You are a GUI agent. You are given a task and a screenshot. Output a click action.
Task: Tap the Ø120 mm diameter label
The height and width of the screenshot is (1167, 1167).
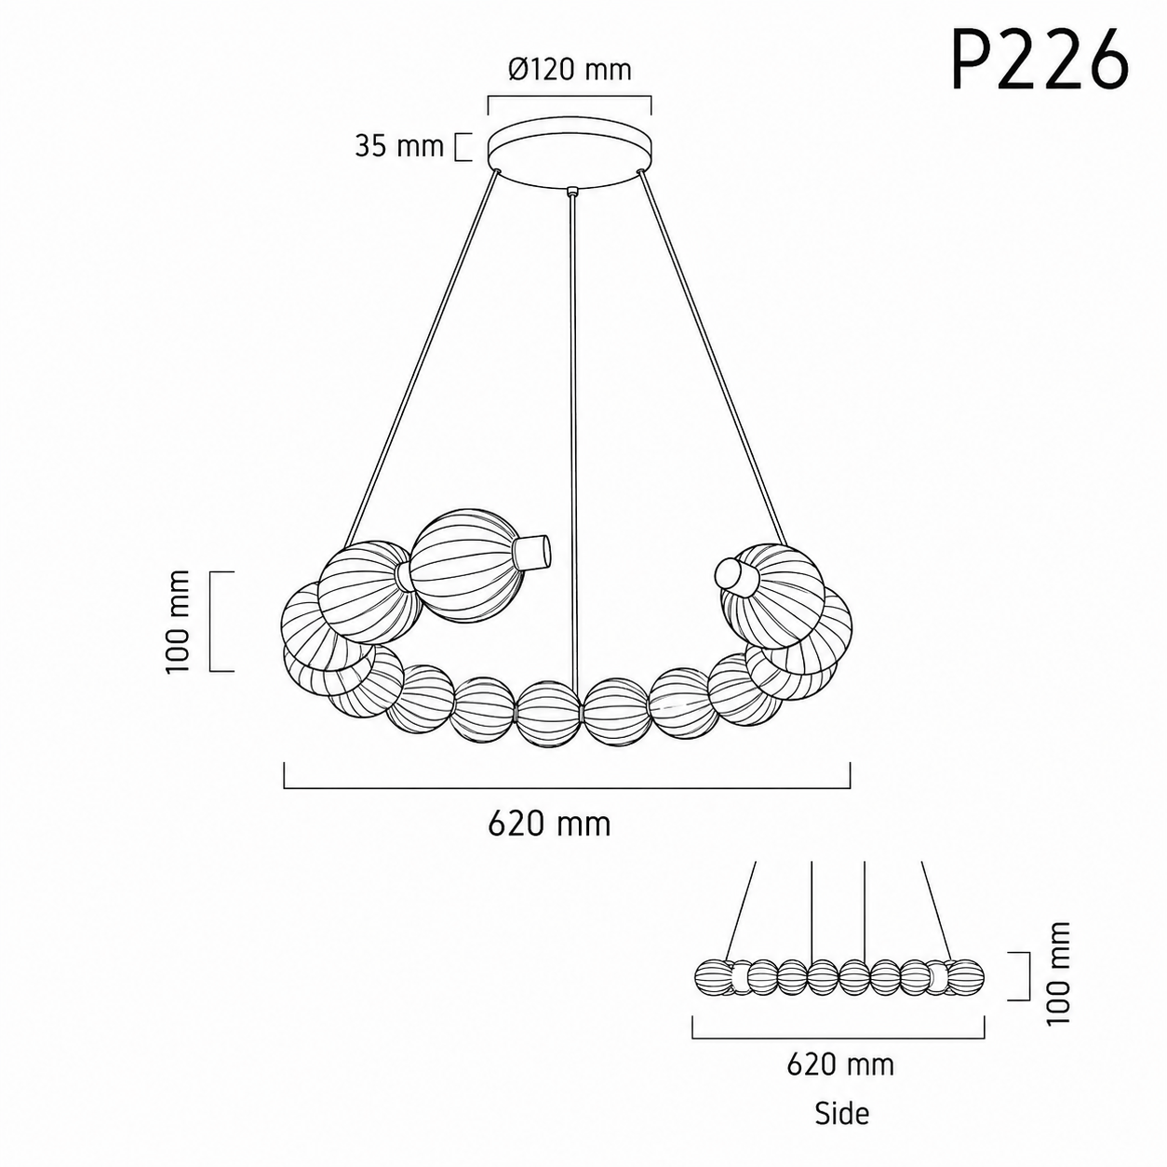tap(570, 70)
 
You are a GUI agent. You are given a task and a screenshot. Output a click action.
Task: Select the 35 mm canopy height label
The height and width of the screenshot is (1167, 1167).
tap(399, 146)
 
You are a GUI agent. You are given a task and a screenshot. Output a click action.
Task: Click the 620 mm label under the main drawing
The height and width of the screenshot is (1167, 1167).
tap(549, 824)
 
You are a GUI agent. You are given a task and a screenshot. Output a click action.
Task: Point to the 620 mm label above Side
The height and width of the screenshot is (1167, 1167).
tap(840, 1065)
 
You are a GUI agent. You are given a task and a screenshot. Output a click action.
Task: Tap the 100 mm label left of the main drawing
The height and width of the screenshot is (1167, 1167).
tap(178, 622)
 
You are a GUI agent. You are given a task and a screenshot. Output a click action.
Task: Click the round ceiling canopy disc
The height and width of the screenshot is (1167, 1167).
tap(570, 152)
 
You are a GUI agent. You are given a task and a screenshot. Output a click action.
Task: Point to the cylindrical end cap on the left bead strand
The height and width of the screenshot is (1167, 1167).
tap(533, 551)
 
